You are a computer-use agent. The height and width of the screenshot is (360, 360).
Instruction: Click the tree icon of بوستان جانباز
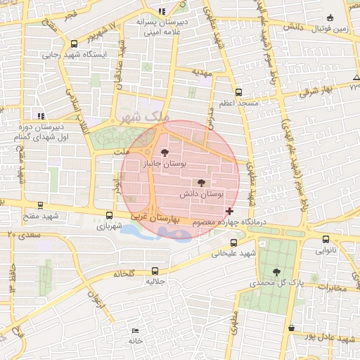[165, 152]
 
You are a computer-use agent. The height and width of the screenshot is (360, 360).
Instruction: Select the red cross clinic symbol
[230, 211]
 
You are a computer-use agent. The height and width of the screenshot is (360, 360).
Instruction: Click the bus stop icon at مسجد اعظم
[238, 92]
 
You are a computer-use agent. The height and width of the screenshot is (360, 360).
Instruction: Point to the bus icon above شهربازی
[108, 216]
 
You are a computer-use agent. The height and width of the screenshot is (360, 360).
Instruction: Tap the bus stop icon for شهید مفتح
[39, 206]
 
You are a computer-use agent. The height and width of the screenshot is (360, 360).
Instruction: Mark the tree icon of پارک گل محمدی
[276, 271]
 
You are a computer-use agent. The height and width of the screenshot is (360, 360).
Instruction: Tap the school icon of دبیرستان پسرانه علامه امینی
[162, 11]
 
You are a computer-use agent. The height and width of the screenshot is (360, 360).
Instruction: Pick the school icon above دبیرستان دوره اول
[41, 115]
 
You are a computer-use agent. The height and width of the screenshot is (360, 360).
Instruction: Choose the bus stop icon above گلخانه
[155, 271]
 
